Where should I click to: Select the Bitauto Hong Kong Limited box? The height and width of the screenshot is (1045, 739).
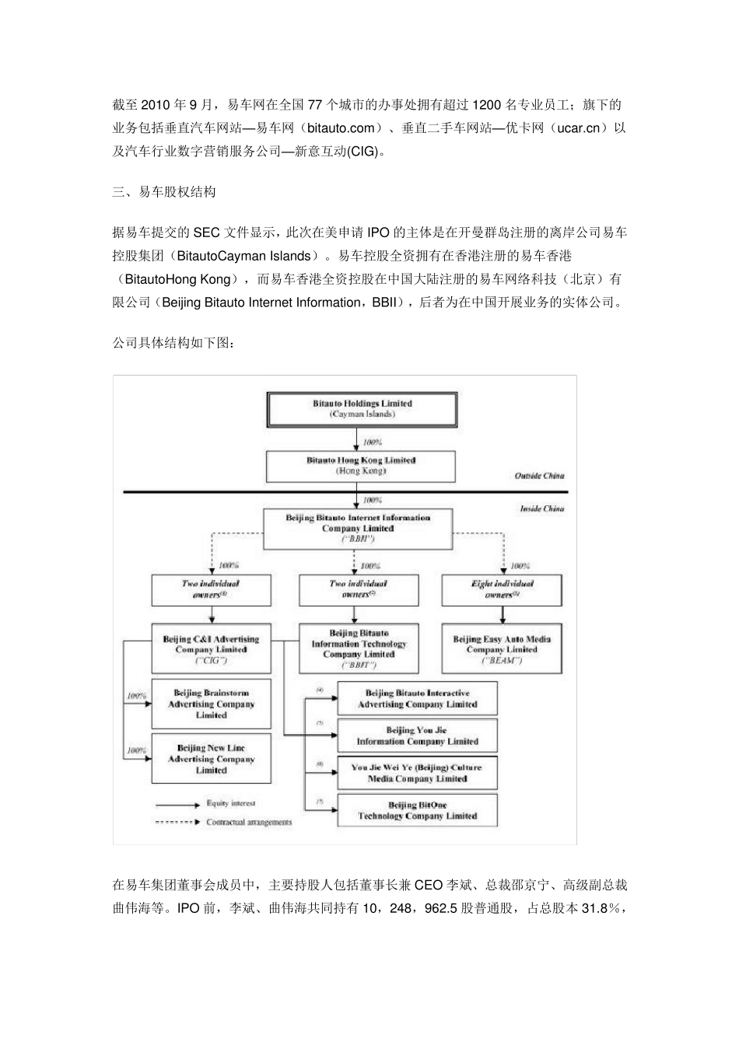tap(361, 466)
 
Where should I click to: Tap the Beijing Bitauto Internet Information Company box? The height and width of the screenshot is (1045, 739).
tap(358, 528)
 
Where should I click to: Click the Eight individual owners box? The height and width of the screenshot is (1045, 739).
tap(502, 589)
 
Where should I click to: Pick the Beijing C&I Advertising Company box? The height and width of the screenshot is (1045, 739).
tap(211, 649)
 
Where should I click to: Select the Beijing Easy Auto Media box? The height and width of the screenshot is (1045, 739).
tap(502, 649)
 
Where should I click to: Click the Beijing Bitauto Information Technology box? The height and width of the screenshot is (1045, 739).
tap(359, 649)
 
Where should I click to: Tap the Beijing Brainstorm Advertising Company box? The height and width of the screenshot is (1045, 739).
tap(211, 704)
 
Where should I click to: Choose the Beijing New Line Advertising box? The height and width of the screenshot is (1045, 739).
tap(211, 759)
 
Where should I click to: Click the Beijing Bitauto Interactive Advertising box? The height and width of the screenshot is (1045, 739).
tap(417, 698)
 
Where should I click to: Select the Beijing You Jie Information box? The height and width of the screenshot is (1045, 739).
tap(417, 736)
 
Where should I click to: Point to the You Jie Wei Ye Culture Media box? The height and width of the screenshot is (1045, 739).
tap(417, 773)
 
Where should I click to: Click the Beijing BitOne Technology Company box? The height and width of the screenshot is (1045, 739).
tap(417, 810)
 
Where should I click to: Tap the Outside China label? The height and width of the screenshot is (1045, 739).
tap(539, 476)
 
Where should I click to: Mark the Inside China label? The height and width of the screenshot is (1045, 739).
tap(542, 509)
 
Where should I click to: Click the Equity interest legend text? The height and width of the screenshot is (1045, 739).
tap(230, 803)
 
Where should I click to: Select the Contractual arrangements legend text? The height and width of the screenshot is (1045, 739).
tap(249, 822)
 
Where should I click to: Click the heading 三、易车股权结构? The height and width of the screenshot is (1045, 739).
tap(164, 192)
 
